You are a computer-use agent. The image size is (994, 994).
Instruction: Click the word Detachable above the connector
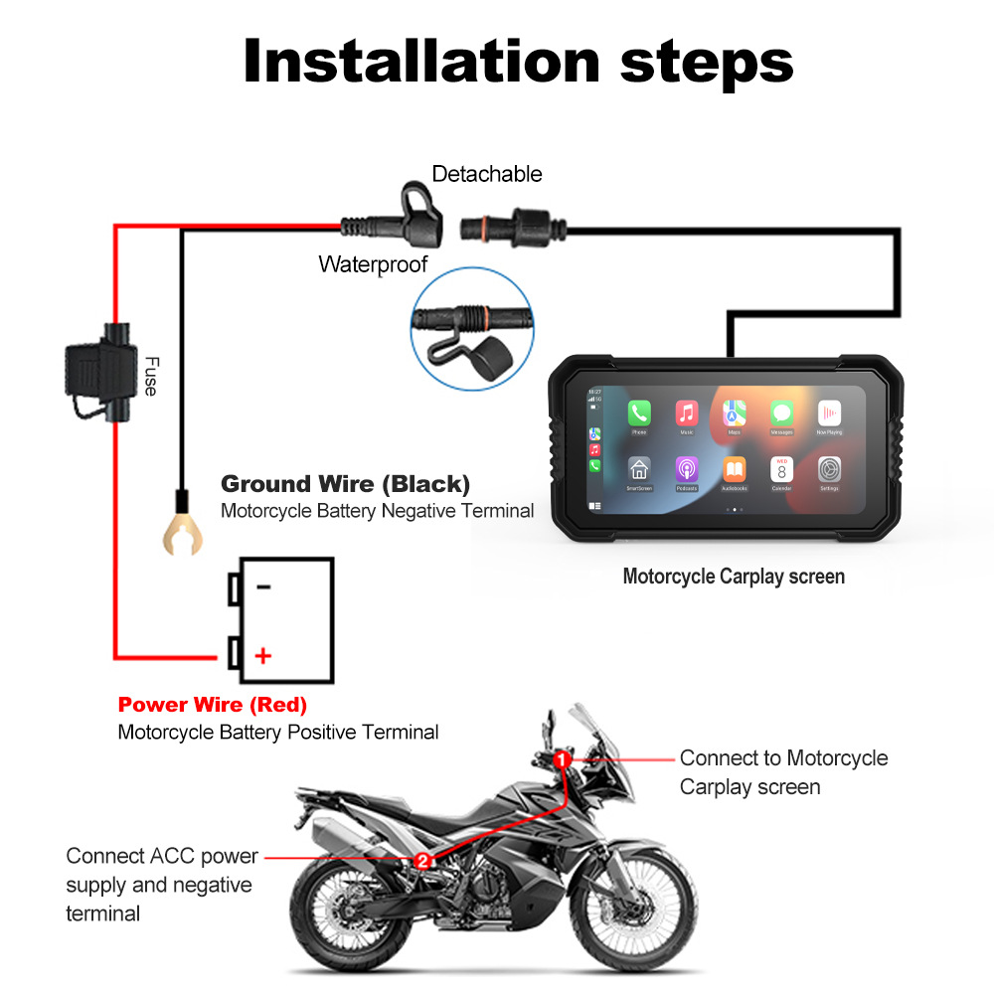[x=487, y=174]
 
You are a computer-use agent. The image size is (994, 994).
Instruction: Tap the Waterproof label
[x=373, y=264]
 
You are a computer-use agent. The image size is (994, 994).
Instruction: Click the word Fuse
[x=150, y=377]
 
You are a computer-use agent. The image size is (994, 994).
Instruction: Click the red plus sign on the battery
[x=262, y=656]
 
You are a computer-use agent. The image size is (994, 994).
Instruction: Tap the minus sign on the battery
[x=263, y=586]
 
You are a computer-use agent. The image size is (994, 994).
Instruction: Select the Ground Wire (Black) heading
[x=345, y=484]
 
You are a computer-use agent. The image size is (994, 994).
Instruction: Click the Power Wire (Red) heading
[x=212, y=705]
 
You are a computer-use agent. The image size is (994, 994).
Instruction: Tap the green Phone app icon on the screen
[x=638, y=413]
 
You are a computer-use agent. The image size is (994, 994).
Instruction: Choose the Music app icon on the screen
[x=687, y=413]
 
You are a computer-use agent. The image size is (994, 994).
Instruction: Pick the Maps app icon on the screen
[x=735, y=413]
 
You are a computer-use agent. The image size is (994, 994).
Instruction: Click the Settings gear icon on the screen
[x=829, y=469]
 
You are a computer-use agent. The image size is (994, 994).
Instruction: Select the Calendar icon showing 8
[x=781, y=469]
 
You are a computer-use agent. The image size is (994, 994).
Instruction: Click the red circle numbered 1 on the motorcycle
[x=562, y=759]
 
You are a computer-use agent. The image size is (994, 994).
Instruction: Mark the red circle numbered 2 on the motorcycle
[x=423, y=861]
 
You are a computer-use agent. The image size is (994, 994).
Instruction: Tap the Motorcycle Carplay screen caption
[x=734, y=577]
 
